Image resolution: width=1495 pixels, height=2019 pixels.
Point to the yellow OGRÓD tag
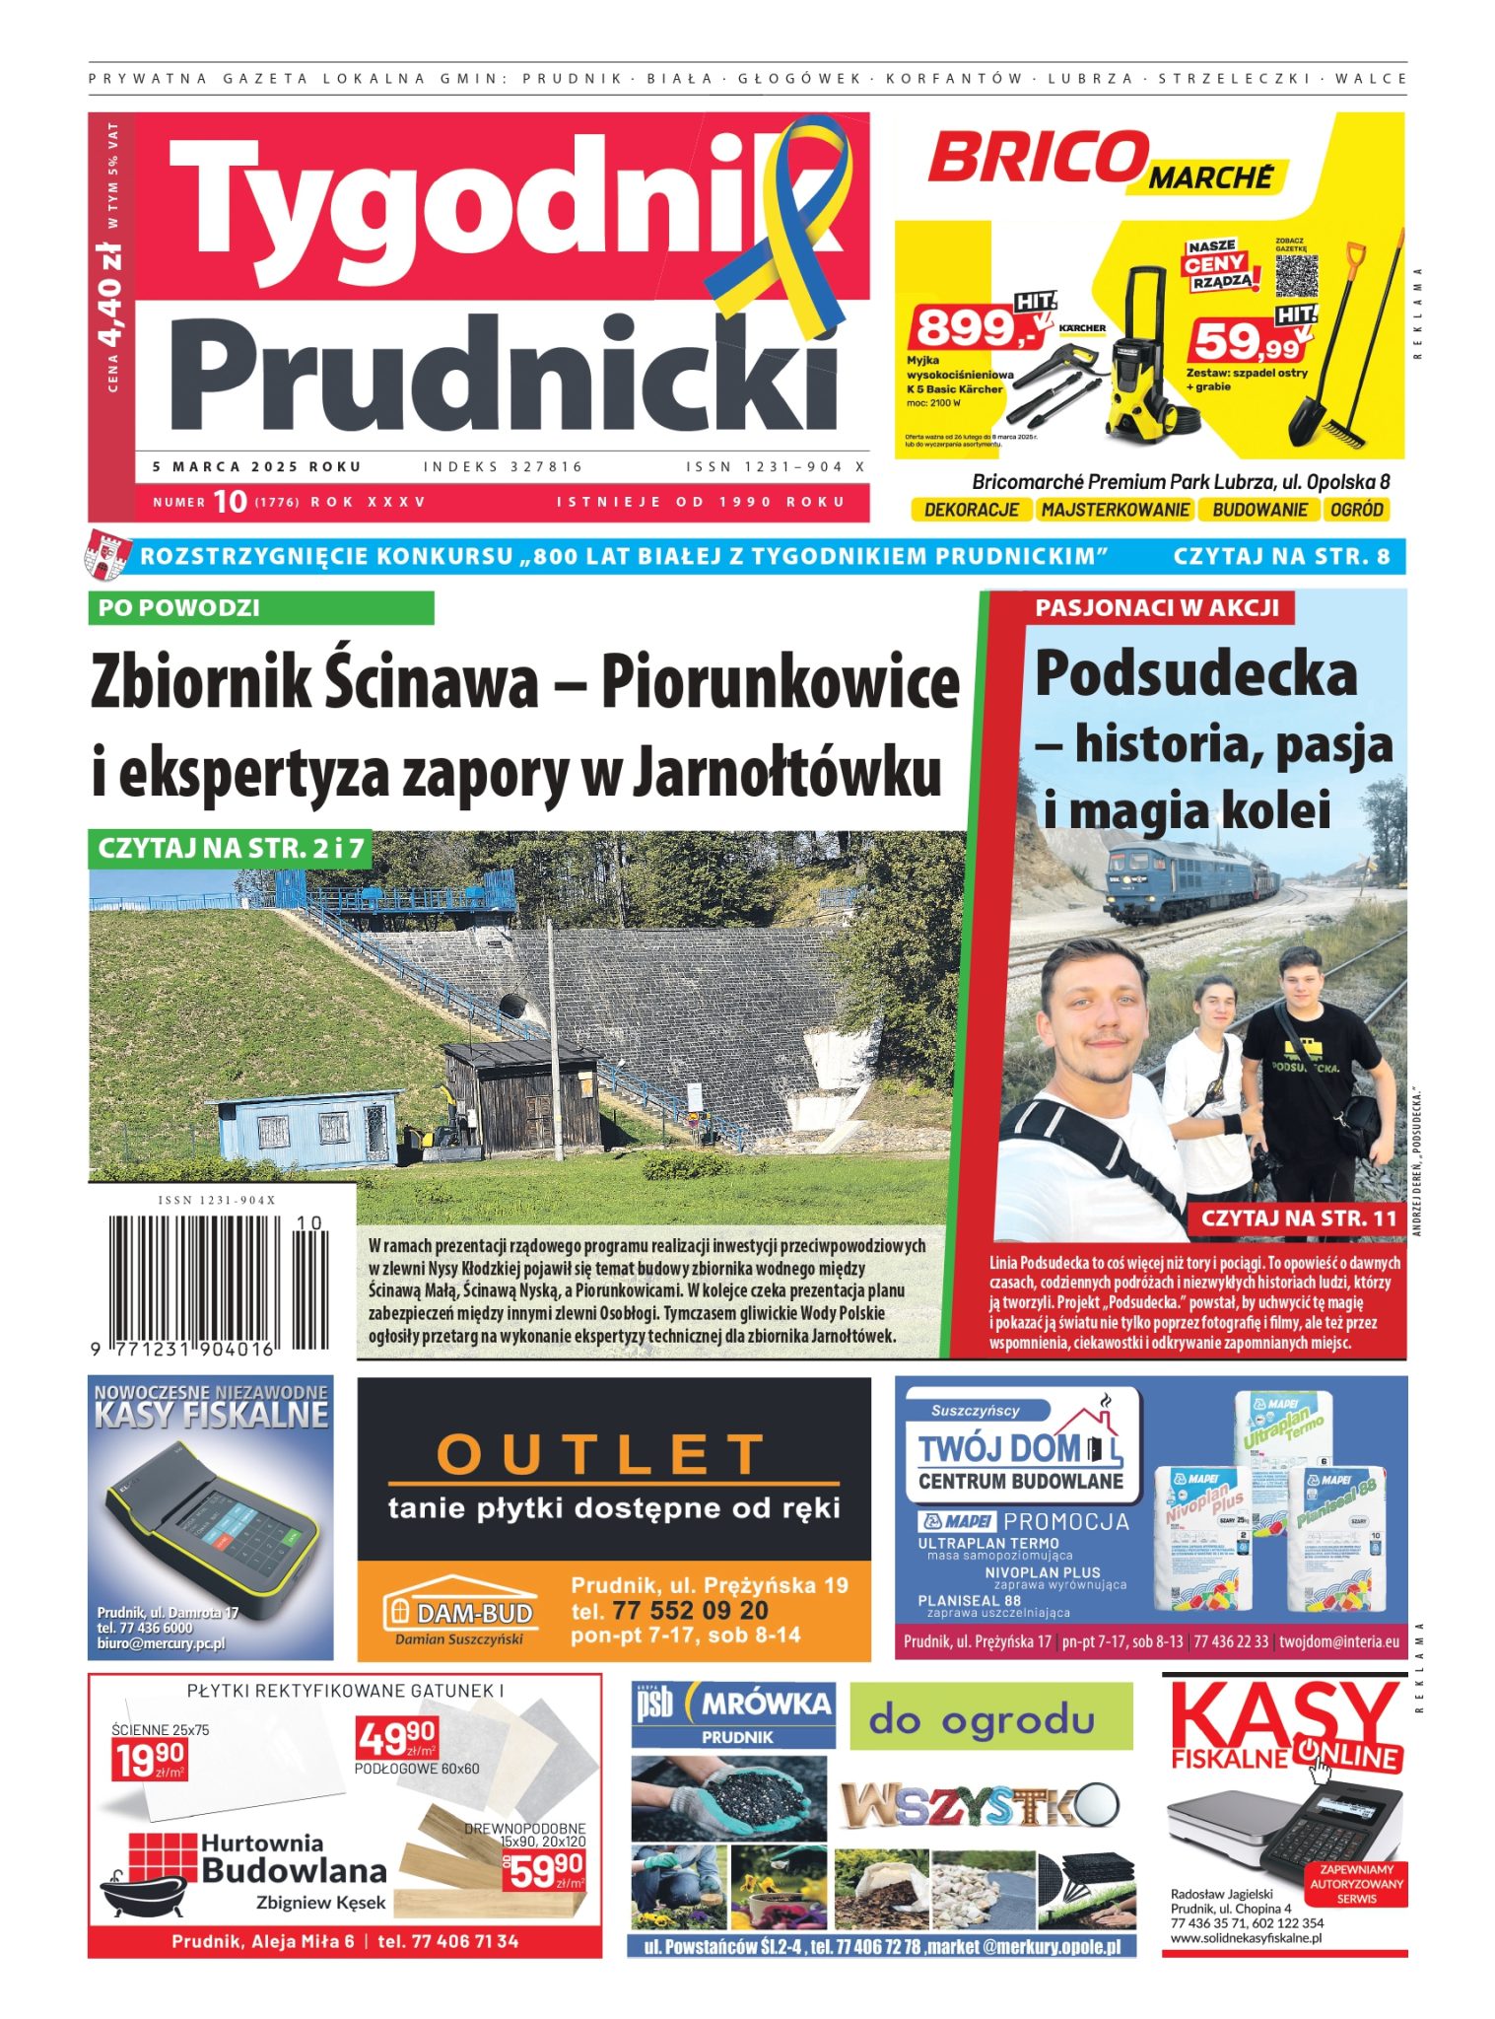1356,510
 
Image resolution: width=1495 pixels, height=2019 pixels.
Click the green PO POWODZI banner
260,607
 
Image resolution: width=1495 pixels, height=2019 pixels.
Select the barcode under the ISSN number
217,1283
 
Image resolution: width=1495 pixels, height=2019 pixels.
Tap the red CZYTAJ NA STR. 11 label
1298,1218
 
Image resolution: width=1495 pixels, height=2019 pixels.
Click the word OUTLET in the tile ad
601,1452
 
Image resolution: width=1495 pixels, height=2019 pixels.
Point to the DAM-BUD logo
462,1611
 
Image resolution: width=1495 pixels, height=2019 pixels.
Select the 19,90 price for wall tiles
149,1760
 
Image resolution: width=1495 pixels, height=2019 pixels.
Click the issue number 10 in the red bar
230,502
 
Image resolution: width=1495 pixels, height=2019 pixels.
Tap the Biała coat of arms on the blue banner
107,556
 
